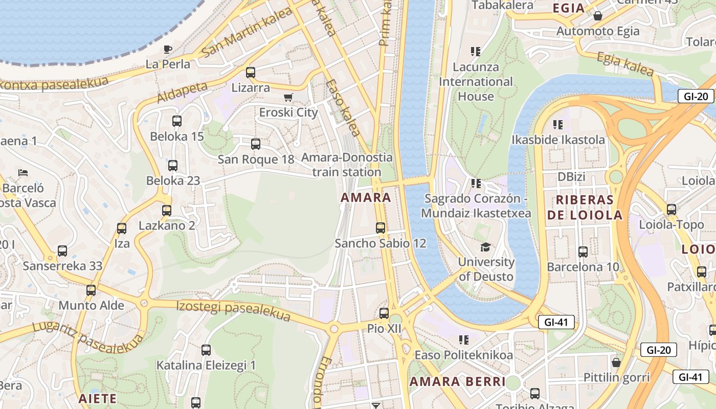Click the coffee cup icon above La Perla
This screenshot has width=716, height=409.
167,49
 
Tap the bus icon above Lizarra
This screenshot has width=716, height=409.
250,73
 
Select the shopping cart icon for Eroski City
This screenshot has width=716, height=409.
288,97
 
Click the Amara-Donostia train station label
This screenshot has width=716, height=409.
347,165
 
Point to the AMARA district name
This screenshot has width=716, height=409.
366,197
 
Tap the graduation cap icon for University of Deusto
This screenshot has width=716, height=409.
485,247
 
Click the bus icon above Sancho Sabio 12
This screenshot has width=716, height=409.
381,228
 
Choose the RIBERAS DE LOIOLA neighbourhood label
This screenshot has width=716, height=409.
585,208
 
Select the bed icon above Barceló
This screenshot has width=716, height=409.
23,173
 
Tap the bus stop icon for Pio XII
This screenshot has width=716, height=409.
384,313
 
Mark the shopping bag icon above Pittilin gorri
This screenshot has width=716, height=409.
616,362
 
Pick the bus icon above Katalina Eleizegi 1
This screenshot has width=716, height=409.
206,350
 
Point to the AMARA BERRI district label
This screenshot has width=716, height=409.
457,381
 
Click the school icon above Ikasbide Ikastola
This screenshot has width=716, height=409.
558,124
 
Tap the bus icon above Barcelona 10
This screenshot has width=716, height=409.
583,252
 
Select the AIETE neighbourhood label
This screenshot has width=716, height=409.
98,398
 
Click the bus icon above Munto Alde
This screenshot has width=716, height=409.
91,290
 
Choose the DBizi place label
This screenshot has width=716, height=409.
571,177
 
